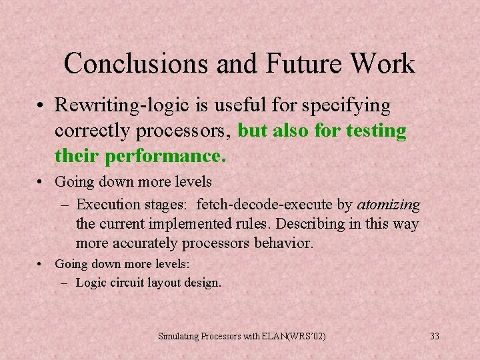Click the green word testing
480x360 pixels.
tap(376, 131)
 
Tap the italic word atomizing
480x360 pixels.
tap(389, 204)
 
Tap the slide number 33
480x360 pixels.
tap(435, 336)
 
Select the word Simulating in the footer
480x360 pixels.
tap(178, 336)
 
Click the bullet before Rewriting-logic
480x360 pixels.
tap(41, 106)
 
